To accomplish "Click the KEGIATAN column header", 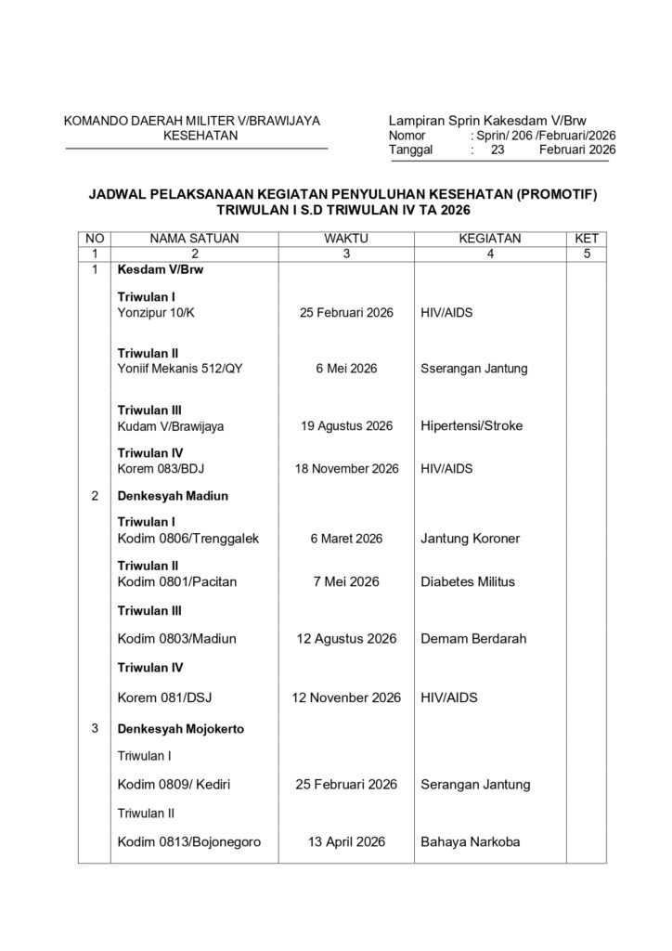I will [x=490, y=239].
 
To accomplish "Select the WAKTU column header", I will [x=346, y=239].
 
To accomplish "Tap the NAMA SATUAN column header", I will [x=195, y=239].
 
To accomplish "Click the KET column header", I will [x=588, y=239].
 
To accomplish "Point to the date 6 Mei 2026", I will [x=346, y=369].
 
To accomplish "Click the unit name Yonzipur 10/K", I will [x=157, y=313].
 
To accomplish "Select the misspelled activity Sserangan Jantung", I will [x=473, y=369].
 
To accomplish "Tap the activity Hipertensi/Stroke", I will [x=472, y=426].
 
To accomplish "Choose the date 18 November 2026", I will [x=346, y=469].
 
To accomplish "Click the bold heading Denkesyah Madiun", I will [x=173, y=496].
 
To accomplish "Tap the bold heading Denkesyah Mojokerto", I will [x=180, y=729].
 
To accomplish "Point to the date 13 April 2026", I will [x=346, y=842].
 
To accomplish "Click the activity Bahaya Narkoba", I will [x=470, y=842].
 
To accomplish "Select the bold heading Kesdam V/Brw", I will [x=160, y=270].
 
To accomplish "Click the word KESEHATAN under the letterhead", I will [x=199, y=136].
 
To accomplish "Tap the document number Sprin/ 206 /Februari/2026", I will [x=544, y=136].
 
